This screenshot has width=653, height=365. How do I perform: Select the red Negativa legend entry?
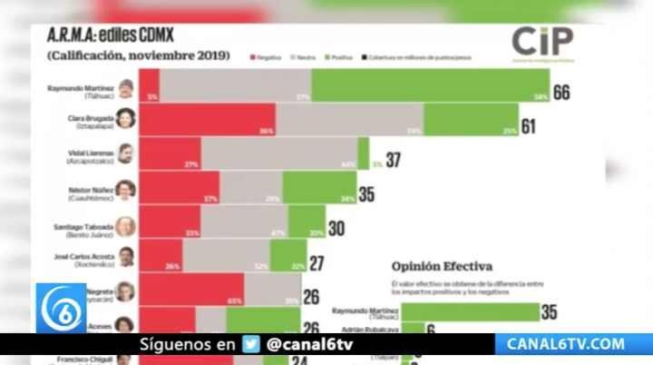tap(266, 56)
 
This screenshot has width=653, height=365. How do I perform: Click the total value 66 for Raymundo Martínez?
tap(561, 92)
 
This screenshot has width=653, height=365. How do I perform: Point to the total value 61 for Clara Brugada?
tap(529, 126)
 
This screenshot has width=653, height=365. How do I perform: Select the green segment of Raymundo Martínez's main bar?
tap(428, 85)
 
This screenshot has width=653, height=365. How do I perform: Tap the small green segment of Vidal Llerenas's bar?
tap(363, 153)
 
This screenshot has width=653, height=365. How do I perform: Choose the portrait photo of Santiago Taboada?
tap(125, 225)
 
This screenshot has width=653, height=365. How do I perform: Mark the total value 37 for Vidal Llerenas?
tap(393, 161)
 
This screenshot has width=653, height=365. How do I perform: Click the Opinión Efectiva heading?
tap(442, 266)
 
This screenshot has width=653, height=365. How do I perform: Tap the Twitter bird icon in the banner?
tap(251, 345)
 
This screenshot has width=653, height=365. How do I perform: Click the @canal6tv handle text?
tap(310, 345)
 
